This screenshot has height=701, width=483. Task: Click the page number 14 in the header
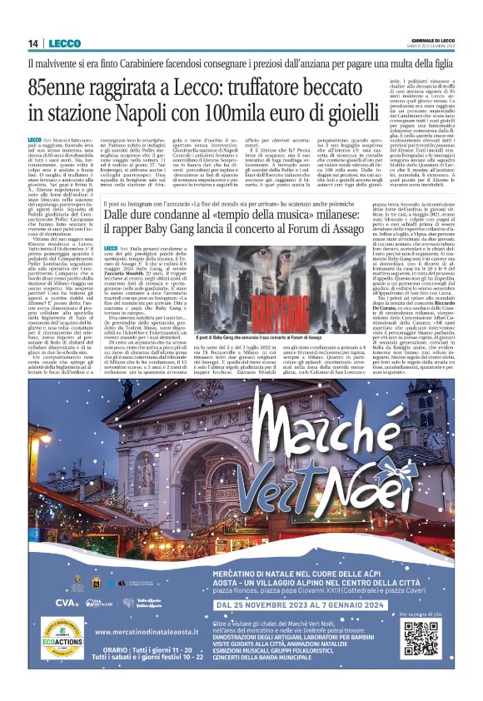pyautogui.click(x=32, y=43)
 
